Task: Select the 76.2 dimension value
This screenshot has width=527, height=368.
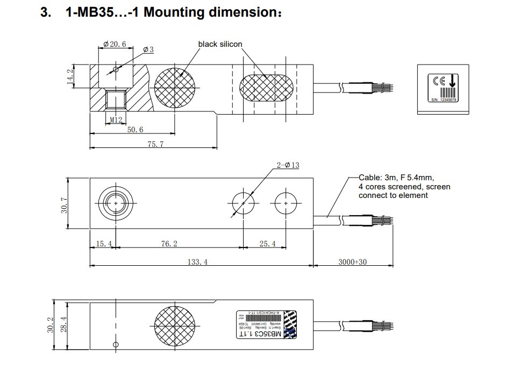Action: [x=169, y=244]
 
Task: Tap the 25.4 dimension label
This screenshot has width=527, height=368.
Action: [x=267, y=244]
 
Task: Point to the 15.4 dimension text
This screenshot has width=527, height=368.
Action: [x=102, y=244]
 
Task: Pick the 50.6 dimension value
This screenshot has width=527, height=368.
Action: [x=135, y=130]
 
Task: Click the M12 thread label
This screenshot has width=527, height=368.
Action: [x=116, y=119]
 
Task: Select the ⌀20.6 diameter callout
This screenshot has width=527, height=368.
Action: [x=114, y=44]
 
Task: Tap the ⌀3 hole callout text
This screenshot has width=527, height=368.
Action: [x=148, y=49]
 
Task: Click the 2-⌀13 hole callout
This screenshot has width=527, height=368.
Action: [x=288, y=165]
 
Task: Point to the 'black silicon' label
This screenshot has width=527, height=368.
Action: [x=220, y=44]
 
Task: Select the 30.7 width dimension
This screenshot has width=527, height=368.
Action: [x=64, y=203]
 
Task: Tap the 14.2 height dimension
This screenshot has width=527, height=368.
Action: [x=69, y=76]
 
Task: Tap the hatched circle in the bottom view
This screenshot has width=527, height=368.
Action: [x=174, y=324]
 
